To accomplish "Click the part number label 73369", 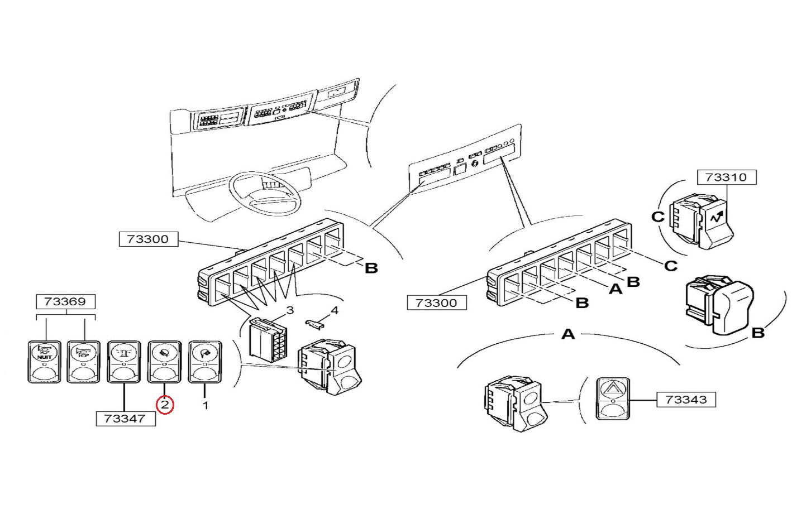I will point(65,301).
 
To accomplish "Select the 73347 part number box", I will point(125,418).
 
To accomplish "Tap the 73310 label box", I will point(726,177).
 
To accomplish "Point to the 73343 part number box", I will point(686,400).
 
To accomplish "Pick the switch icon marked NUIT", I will point(44,362).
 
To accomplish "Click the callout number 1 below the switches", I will point(205,405).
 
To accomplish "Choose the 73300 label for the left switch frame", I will point(147,239).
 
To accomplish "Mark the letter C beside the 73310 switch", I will point(658,216).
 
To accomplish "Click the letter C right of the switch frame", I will point(670,266).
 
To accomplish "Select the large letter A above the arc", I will point(567,334).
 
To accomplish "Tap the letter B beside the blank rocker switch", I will point(757,333).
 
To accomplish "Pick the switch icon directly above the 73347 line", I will point(123,362).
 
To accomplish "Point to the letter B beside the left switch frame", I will point(371,268).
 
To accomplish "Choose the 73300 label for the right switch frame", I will point(436,303).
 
